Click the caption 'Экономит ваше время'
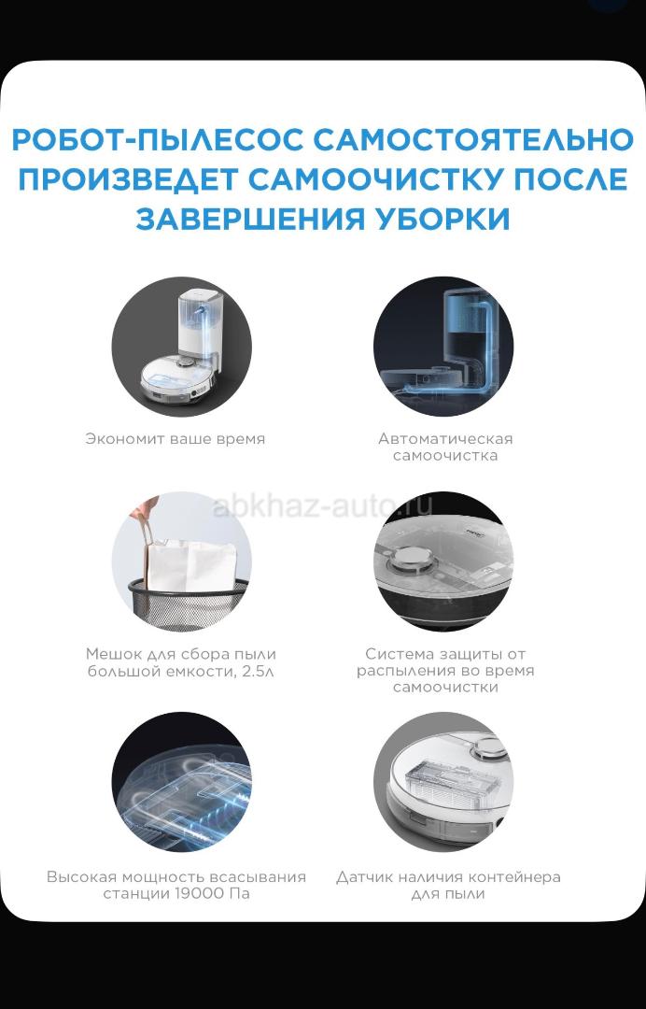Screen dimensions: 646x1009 click(175, 439)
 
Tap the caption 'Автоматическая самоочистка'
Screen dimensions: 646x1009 click(445, 448)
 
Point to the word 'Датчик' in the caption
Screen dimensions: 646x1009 click(364, 877)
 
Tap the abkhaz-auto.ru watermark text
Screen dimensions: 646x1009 click(323, 506)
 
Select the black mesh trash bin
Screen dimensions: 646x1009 click(188, 603)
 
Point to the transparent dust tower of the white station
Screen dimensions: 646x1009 click(200, 325)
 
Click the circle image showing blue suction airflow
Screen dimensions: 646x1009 click(182, 782)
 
